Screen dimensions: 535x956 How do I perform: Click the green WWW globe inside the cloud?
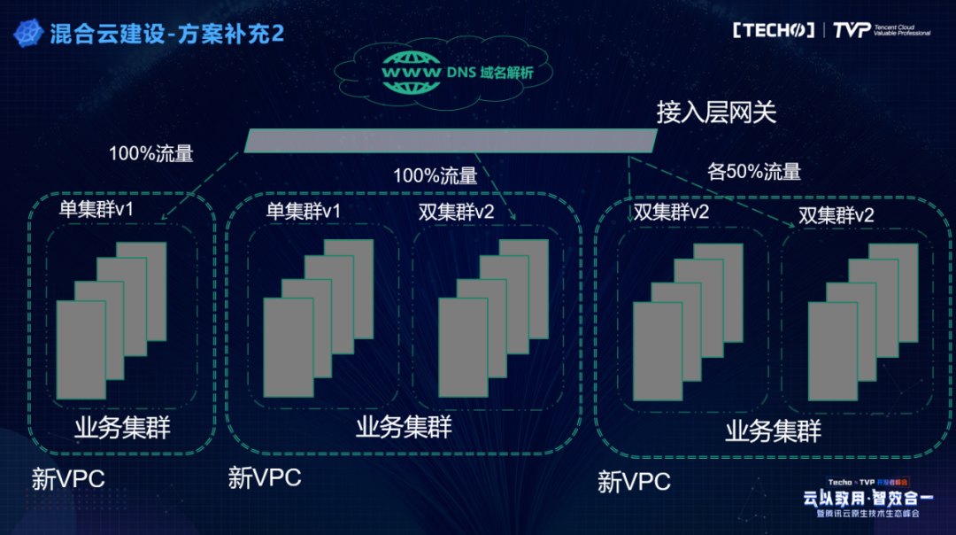pos(411,68)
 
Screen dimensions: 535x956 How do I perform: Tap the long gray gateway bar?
pos(451,140)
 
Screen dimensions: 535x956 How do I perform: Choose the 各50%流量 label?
pos(754,172)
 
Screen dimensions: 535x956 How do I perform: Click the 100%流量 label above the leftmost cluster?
pos(150,152)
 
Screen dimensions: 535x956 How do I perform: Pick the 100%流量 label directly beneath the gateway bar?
pos(435,175)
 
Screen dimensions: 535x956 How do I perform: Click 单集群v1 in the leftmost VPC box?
pos(96,209)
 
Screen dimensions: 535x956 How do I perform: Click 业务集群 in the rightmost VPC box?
pos(774,431)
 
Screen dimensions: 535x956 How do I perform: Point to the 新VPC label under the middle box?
pos(265,478)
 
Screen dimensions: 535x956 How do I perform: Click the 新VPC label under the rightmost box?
pos(634,483)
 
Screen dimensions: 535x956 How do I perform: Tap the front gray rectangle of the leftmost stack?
pos(81,350)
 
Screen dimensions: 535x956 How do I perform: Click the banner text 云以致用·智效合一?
pos(861,498)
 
